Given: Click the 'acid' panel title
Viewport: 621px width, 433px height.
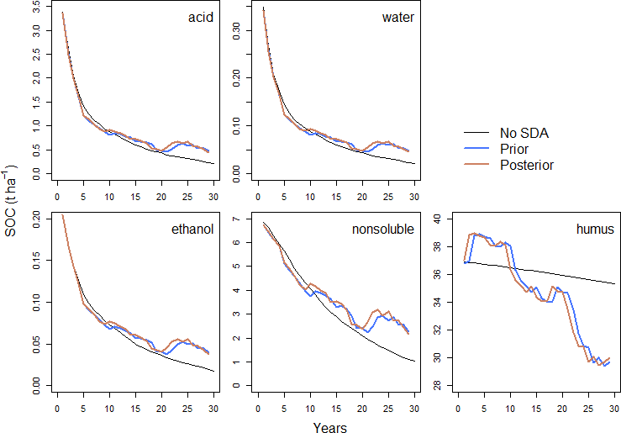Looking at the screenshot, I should coord(200,18).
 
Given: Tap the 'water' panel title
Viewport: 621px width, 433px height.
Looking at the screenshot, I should coord(397,18).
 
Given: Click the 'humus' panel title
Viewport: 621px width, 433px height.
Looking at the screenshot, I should coord(594,228).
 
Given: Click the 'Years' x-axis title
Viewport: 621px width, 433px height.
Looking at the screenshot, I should coord(329,426).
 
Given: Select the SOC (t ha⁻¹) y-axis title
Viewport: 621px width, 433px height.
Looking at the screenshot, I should coord(11,198).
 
